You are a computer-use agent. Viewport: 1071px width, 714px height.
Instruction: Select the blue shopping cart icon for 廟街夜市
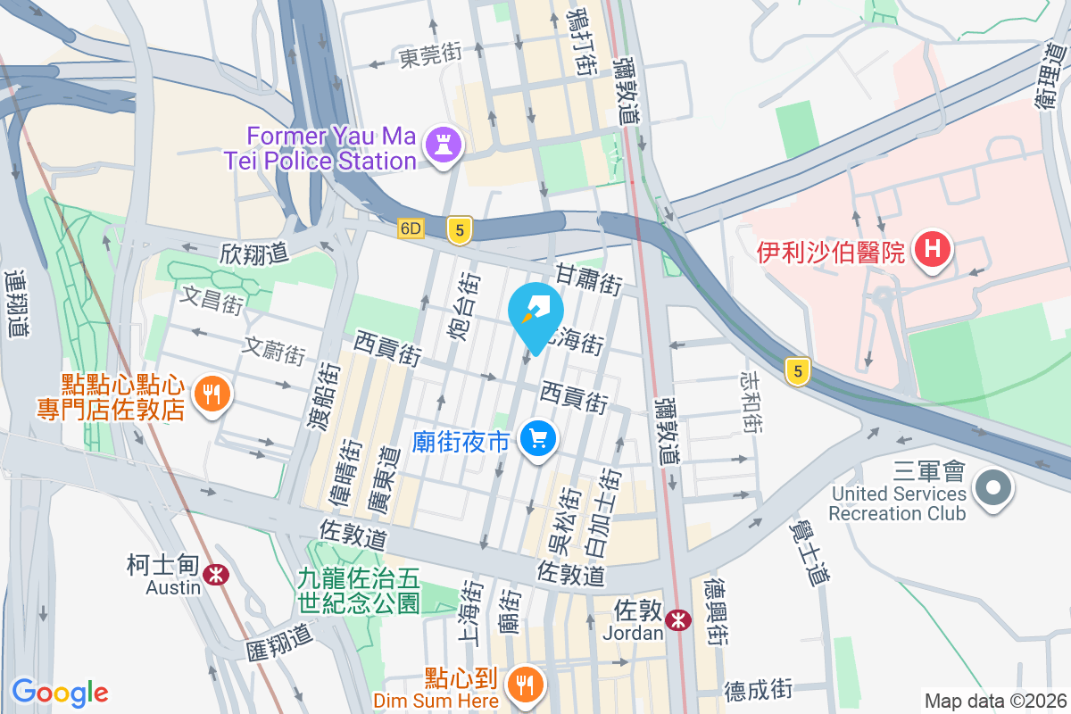coord(537,441)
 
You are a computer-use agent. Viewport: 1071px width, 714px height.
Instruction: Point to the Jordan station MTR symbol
coord(678,619)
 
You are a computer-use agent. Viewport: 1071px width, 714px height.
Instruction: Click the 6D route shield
coord(411,228)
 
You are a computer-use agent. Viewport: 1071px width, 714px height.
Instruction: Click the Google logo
coord(60,693)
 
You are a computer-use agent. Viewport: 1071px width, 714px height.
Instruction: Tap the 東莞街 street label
coord(430,56)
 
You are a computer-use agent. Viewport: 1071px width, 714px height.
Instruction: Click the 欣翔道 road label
coord(254,253)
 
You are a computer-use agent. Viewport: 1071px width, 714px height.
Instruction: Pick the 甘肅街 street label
coord(588,279)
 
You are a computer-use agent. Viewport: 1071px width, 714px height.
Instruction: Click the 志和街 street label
coord(749,403)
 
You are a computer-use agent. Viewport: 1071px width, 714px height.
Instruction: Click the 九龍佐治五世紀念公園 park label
coord(359,591)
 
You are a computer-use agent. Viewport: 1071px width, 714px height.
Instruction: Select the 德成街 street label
coord(758,690)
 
